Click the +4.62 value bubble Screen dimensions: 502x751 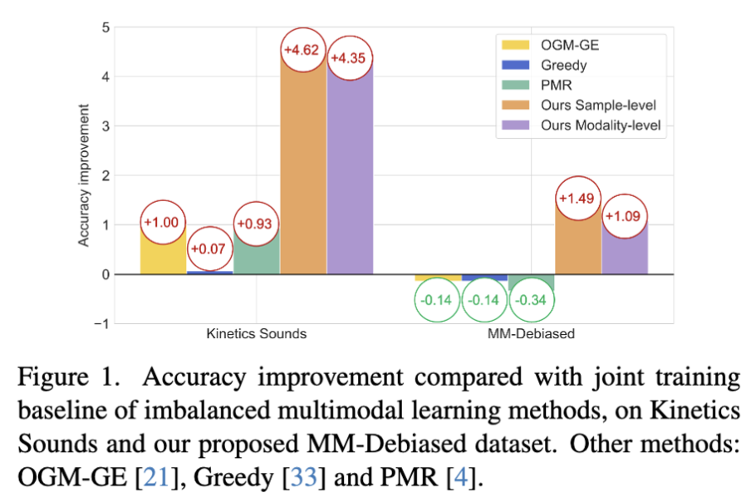tap(303, 51)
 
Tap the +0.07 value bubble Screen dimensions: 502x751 tap(209, 249)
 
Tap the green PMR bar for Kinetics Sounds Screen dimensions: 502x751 tap(257, 253)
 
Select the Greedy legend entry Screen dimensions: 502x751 tap(541, 66)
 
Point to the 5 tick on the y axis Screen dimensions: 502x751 tap(106, 27)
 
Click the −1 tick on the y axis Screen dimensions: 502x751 tap(102, 324)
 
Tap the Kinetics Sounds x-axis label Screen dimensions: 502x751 tap(257, 335)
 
